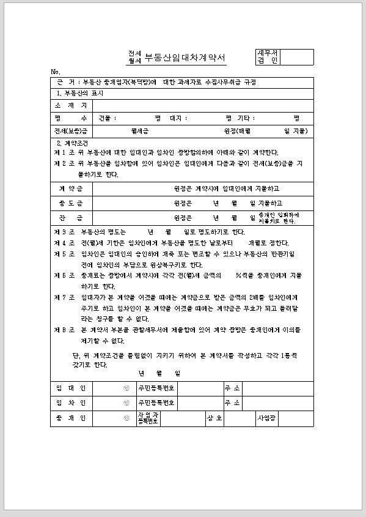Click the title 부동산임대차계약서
[x=185, y=58]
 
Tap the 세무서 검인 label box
[x=268, y=57]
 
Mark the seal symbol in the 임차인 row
[x=126, y=403]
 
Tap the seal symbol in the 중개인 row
[x=126, y=418]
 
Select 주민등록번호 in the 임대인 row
[x=156, y=389]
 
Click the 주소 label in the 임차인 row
[x=233, y=403]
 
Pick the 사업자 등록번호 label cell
[x=148, y=418]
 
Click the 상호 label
[x=214, y=418]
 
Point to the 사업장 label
[x=268, y=418]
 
